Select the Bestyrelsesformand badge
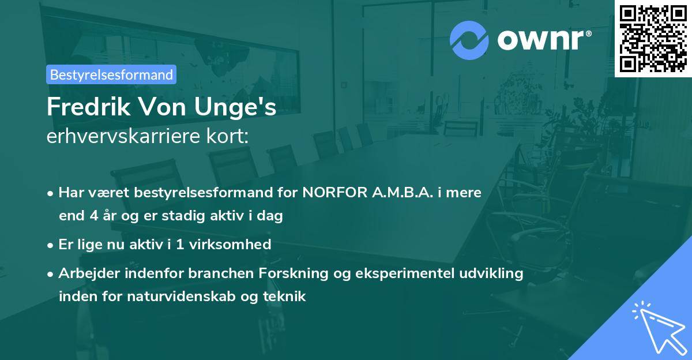111,74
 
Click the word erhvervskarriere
121,137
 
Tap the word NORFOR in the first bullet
330,192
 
